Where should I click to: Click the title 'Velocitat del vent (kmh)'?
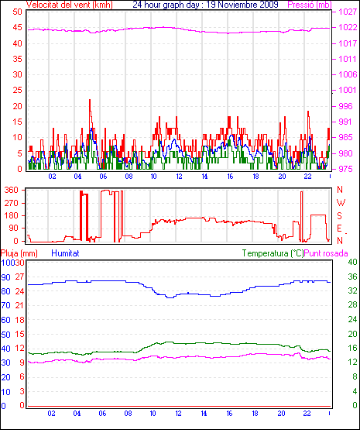pos(70,5)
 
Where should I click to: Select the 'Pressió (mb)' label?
pos(310,5)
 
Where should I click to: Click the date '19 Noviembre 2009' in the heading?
pos(242,5)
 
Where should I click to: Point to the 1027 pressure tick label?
pos(348,12)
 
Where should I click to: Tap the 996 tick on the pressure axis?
pos(345,106)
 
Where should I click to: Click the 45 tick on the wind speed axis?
pos(17,28)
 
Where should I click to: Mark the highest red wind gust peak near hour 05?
pos(90,100)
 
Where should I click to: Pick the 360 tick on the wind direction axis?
pos(12,190)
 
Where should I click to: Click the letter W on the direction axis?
pos(341,203)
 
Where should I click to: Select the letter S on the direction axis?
pos(340,215)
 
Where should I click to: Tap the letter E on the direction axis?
pos(340,229)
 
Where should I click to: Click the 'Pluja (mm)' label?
pos(19,253)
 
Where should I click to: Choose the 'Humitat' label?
pos(66,253)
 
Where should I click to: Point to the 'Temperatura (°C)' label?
pos(273,253)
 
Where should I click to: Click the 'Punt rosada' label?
pos(326,253)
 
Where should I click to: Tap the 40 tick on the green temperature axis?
pos(353,262)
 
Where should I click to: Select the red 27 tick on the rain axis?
pos(19,277)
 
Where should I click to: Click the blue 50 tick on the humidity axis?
pos(5,335)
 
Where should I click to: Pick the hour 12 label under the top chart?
pos(179,177)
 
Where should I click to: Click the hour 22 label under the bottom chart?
pos(307,414)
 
